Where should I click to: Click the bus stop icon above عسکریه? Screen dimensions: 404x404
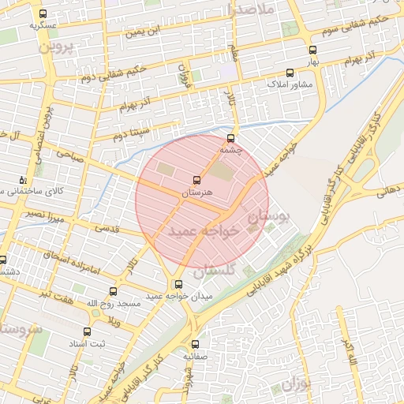[x=43, y=13]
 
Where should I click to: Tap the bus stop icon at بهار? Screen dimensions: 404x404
[x=313, y=50]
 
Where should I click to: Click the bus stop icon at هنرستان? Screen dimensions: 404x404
[x=197, y=180]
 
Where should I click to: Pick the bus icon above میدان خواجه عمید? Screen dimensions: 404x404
[x=178, y=284]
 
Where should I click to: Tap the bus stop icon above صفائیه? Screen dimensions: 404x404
[x=196, y=344]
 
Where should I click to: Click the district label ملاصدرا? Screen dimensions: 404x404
[x=249, y=10]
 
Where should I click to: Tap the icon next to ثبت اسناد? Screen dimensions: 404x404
[x=86, y=332]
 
